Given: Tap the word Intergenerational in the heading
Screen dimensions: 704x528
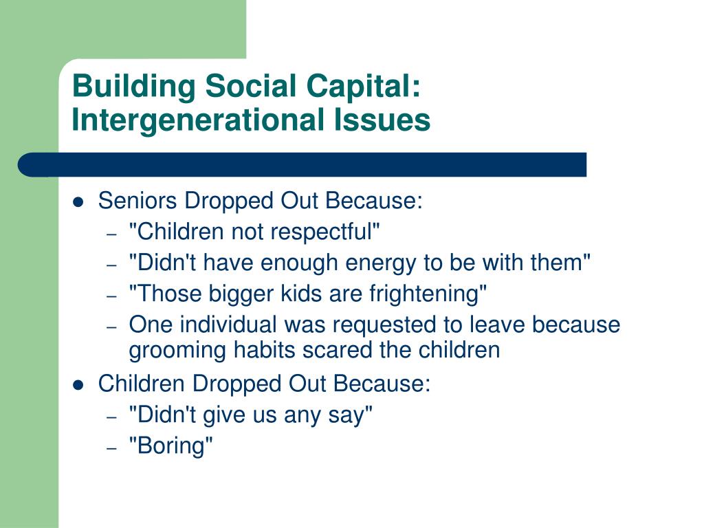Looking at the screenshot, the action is click(198, 121).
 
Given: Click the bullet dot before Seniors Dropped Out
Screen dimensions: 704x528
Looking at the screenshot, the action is click(78, 202).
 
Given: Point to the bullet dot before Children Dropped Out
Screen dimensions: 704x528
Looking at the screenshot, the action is click(78, 385).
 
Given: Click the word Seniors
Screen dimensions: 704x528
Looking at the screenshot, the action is click(137, 200).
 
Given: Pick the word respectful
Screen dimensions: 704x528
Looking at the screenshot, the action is click(322, 232).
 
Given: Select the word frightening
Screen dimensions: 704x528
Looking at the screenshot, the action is click(424, 294).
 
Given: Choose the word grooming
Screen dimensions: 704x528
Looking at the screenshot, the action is click(177, 351).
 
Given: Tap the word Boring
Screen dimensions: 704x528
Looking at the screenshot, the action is click(170, 446).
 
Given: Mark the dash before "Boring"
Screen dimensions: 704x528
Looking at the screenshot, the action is click(112, 448).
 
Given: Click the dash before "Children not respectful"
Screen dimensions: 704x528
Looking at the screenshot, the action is click(112, 234).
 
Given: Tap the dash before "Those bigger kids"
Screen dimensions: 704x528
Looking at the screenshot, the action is click(112, 296).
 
